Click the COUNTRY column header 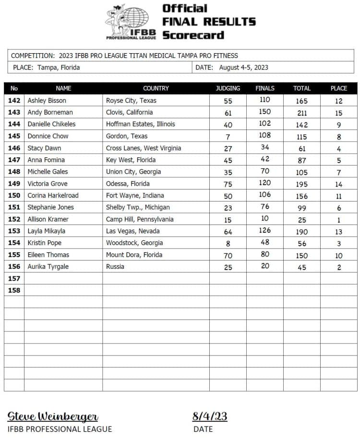156,88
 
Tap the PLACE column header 339,88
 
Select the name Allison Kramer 48,219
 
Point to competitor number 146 14,148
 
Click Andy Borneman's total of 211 302,113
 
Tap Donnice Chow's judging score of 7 228,137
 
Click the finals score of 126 265,231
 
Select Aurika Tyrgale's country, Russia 115,266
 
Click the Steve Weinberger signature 53,416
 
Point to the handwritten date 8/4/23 210,416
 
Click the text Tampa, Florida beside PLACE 58,68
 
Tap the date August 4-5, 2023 243,68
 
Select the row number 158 14,290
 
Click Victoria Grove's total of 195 302,184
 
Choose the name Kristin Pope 45,243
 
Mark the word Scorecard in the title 193,35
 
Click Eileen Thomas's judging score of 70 228,255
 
